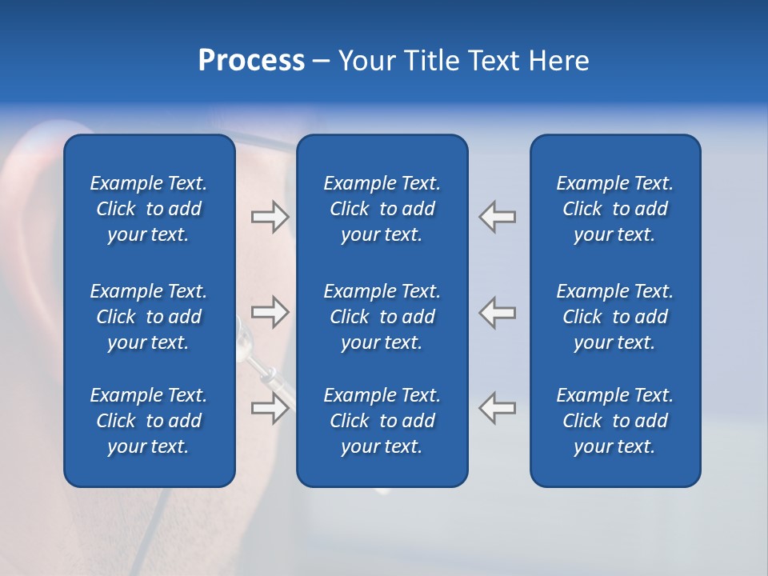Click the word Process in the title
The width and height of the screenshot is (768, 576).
point(251,61)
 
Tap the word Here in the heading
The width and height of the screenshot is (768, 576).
point(558,61)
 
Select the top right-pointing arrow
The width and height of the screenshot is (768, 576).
point(270,217)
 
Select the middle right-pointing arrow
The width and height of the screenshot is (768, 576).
point(270,312)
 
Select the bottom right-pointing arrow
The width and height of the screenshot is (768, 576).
point(270,408)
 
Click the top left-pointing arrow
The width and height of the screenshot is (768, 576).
point(498,217)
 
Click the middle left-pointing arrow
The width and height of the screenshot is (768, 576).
point(498,312)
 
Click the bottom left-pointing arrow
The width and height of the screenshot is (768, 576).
point(498,408)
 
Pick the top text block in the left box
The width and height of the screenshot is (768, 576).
point(149,209)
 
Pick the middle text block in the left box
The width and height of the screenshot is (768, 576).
point(149,317)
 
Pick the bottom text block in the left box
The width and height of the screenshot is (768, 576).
point(149,421)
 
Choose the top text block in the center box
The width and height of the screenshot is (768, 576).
point(382,209)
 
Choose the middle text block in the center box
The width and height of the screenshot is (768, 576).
point(382,317)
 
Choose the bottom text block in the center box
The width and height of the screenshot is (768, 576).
point(382,421)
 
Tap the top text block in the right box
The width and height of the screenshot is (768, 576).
point(614,209)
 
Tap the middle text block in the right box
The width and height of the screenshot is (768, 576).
point(614,317)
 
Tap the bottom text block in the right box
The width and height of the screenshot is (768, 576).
point(614,421)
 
